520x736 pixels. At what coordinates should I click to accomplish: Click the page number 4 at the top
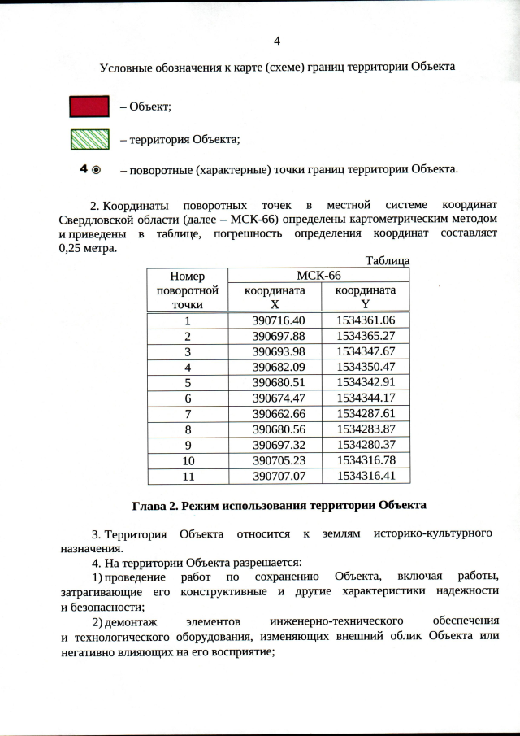tap(277, 41)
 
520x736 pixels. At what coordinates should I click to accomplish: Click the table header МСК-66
tap(318, 276)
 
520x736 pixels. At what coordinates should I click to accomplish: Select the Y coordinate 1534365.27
tap(365, 335)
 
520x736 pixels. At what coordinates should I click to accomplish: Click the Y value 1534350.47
tap(365, 366)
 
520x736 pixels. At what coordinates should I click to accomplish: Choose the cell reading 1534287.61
tap(365, 413)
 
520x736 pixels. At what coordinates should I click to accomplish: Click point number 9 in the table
tap(187, 444)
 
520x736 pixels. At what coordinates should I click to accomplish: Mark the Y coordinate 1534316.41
tap(365, 475)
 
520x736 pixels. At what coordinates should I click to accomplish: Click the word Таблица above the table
tap(387, 261)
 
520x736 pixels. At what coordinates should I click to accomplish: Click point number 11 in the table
tap(187, 475)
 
